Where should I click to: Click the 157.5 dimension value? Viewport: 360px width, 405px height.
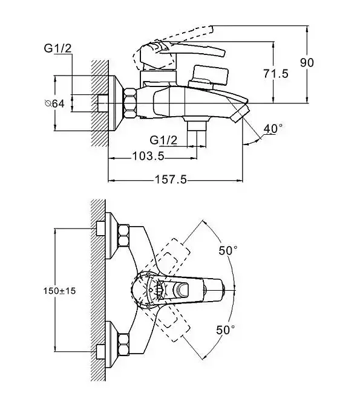click(x=171, y=180)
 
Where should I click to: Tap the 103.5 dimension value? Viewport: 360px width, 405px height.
click(x=148, y=156)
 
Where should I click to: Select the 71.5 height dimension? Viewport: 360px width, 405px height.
click(x=276, y=74)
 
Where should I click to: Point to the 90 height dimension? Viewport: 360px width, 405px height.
click(x=307, y=63)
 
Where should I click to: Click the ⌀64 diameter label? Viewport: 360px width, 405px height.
click(x=54, y=103)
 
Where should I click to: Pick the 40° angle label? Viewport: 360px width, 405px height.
click(x=273, y=128)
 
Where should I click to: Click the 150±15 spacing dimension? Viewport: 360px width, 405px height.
click(x=59, y=291)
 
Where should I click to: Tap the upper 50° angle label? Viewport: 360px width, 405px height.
click(x=228, y=250)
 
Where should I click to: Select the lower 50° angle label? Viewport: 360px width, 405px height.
click(x=226, y=330)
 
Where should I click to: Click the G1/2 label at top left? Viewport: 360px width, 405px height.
click(x=57, y=48)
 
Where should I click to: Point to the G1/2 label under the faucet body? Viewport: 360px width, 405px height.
click(x=163, y=140)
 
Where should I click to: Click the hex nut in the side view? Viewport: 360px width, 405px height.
click(x=130, y=103)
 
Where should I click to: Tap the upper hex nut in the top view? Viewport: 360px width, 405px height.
click(x=123, y=235)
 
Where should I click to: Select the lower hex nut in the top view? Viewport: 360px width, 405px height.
click(x=123, y=344)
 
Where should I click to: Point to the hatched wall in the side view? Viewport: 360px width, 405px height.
click(x=99, y=103)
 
